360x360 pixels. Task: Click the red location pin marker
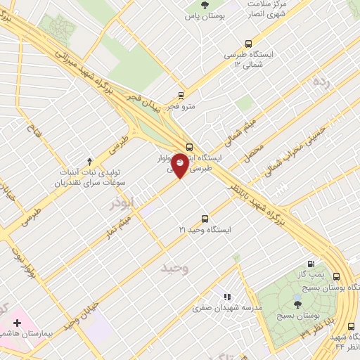pyautogui.click(x=181, y=164)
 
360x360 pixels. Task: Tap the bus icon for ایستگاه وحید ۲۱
pyautogui.click(x=205, y=219)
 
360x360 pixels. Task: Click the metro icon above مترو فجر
pyautogui.click(x=181, y=95)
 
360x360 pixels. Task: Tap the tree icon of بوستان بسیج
pyautogui.click(x=297, y=304)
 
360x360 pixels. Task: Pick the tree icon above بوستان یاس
pyautogui.click(x=205, y=6)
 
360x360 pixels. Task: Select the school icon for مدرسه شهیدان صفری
pyautogui.click(x=226, y=298)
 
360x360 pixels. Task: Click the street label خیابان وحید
pyautogui.click(x=78, y=310)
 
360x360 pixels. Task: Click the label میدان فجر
pyautogui.click(x=147, y=103)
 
